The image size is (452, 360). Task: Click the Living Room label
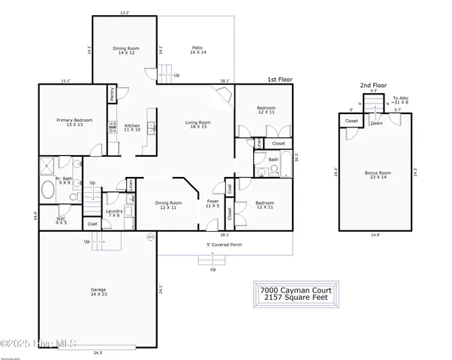pyautogui.click(x=199, y=125)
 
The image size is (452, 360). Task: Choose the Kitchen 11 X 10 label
pyautogui.click(x=132, y=127)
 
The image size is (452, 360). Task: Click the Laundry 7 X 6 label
pyautogui.click(x=114, y=214)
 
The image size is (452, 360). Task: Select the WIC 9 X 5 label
pyautogui.click(x=61, y=221)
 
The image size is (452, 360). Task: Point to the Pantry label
pyautogui.click(x=112, y=94)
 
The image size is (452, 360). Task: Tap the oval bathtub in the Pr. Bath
pyautogui.click(x=47, y=189)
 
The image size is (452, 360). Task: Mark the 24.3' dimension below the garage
pyautogui.click(x=98, y=352)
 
